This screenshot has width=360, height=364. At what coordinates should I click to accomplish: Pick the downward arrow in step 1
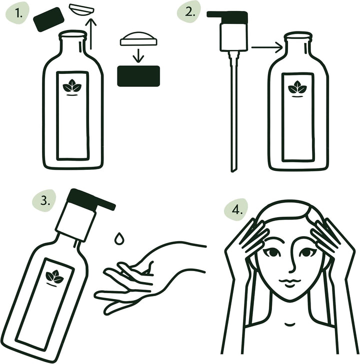pos(139,54)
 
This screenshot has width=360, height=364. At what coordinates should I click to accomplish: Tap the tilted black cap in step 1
pos(48,20)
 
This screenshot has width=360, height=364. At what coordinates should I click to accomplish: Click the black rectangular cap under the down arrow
pos(138,76)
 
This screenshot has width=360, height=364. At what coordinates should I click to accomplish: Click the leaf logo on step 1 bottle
pos(72,87)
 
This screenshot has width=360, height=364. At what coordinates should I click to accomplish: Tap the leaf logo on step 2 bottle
pos(297,89)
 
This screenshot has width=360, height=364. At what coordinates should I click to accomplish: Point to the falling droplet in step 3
pos(119,238)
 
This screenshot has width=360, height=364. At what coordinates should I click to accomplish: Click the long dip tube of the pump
pos(232,115)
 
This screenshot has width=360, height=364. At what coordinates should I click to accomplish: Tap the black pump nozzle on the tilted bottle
pos(90,199)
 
